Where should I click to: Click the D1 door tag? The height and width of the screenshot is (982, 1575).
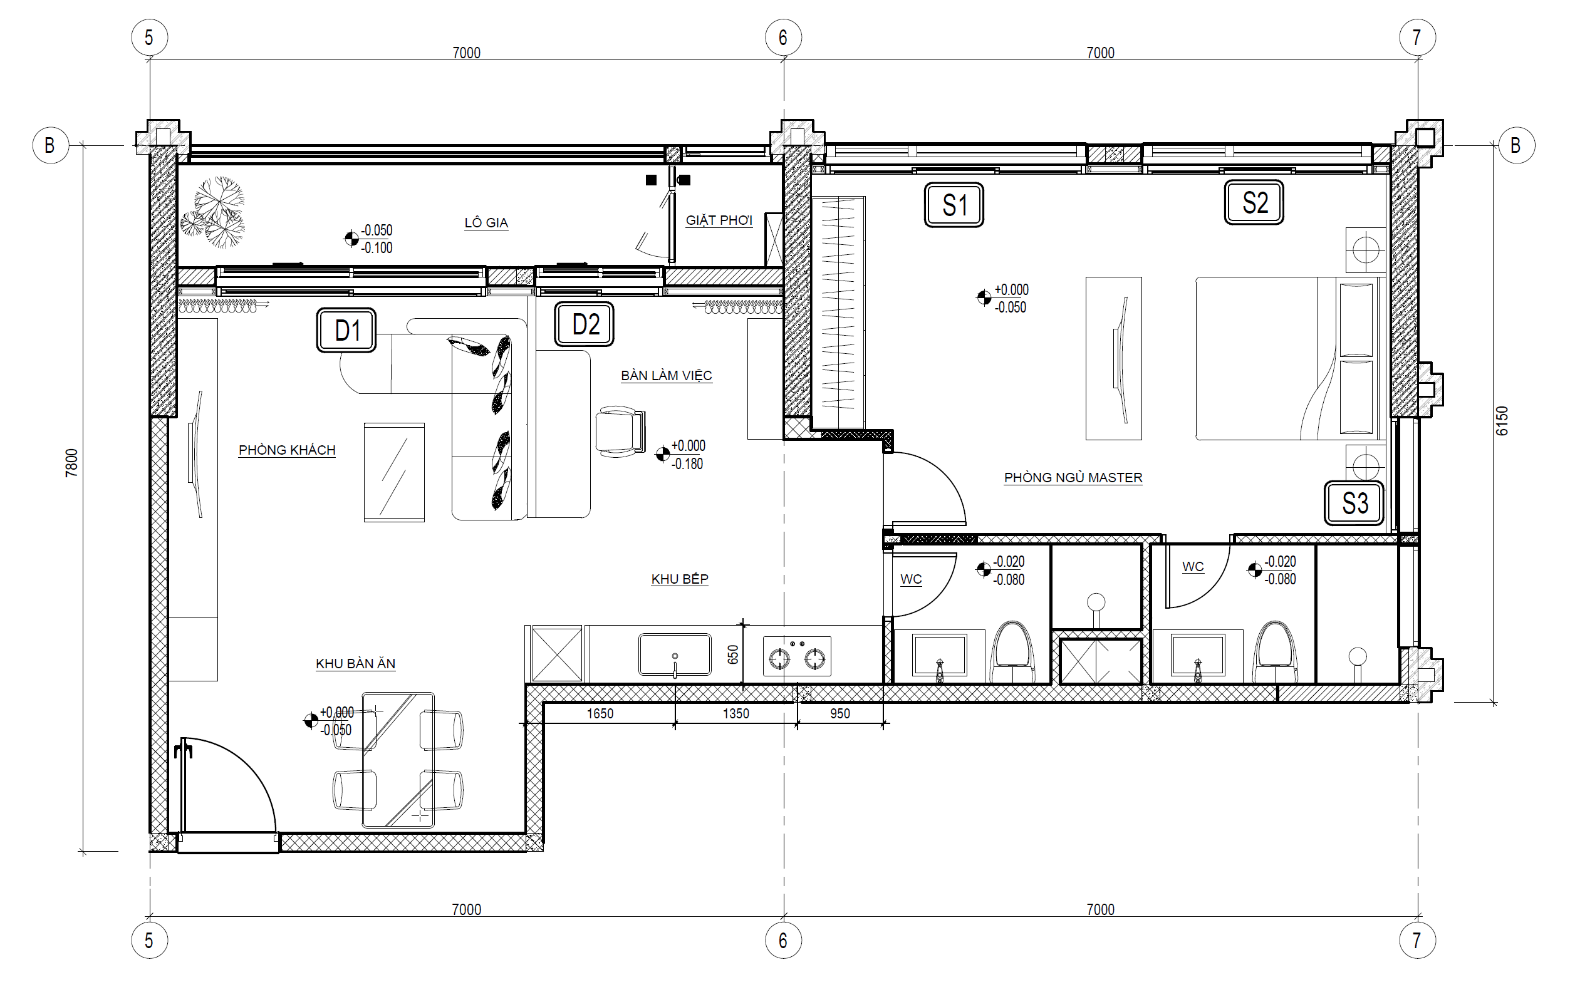click(346, 331)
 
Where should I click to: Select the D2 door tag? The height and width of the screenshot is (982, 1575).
click(584, 324)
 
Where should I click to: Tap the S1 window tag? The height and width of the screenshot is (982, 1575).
click(954, 205)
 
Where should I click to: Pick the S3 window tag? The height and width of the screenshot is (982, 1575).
click(1354, 504)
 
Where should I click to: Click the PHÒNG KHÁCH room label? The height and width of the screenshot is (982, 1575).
click(286, 450)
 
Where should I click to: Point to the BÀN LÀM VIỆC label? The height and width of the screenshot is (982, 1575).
click(666, 375)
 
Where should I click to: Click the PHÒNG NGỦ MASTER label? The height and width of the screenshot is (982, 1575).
click(1073, 478)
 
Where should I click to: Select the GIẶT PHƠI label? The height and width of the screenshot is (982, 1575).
click(719, 220)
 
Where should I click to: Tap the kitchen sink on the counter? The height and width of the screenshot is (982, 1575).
click(675, 654)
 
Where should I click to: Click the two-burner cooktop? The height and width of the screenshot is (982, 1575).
click(796, 656)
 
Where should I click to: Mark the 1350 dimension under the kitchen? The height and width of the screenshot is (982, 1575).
click(736, 714)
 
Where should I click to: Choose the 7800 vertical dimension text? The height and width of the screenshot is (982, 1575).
click(71, 462)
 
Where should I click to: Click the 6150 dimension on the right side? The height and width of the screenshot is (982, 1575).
click(1501, 421)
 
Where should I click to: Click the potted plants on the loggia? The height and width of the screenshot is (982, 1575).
click(216, 212)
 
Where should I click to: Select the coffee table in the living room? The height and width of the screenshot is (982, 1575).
click(393, 472)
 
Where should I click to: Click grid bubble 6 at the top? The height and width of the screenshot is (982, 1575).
click(782, 38)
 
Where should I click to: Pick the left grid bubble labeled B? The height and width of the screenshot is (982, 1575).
click(50, 145)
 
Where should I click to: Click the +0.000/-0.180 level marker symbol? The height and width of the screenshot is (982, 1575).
click(662, 455)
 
